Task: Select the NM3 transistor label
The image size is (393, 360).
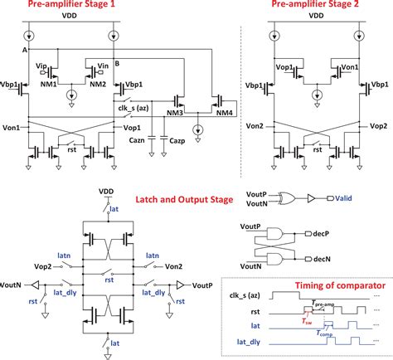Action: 175,114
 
